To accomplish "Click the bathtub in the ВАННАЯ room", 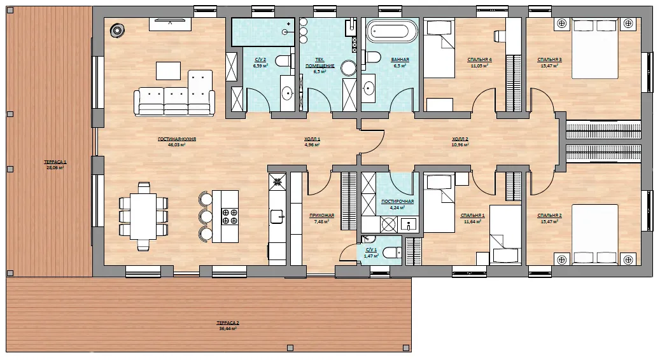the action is (392, 31).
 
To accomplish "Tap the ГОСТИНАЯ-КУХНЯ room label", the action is (177, 139).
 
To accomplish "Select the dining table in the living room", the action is (143, 216).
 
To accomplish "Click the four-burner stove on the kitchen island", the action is (230, 216).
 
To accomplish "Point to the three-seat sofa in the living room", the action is (174, 101).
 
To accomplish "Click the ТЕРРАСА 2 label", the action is (228, 323).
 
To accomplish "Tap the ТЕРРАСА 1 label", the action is (55, 162).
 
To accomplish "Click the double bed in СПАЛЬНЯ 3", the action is (594, 48).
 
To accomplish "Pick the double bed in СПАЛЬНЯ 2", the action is (594, 234).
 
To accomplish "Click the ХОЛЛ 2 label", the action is (460, 139).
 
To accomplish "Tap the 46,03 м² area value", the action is (177, 144).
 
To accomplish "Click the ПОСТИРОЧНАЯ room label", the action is (397, 202).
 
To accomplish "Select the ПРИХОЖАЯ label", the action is (321, 216).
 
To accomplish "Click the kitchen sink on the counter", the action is (277, 217).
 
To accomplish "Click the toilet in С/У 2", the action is (284, 62).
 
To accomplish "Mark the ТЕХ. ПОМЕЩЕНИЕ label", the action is (320, 63).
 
